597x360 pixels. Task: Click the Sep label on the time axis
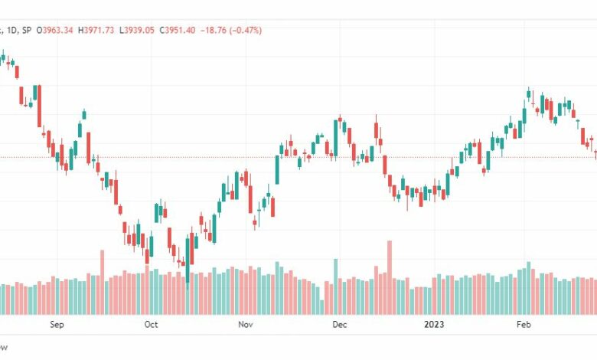coord(56,325)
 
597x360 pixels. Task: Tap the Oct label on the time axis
coord(151,325)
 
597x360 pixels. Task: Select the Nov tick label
coord(246,325)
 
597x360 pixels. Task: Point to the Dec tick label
coord(340,325)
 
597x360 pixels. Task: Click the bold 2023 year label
coord(435,325)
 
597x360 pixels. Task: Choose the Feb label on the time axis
coord(524,325)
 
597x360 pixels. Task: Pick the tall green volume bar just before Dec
coord(335,286)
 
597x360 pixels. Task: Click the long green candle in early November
coord(278,169)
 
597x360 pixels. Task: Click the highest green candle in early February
coord(529,94)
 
